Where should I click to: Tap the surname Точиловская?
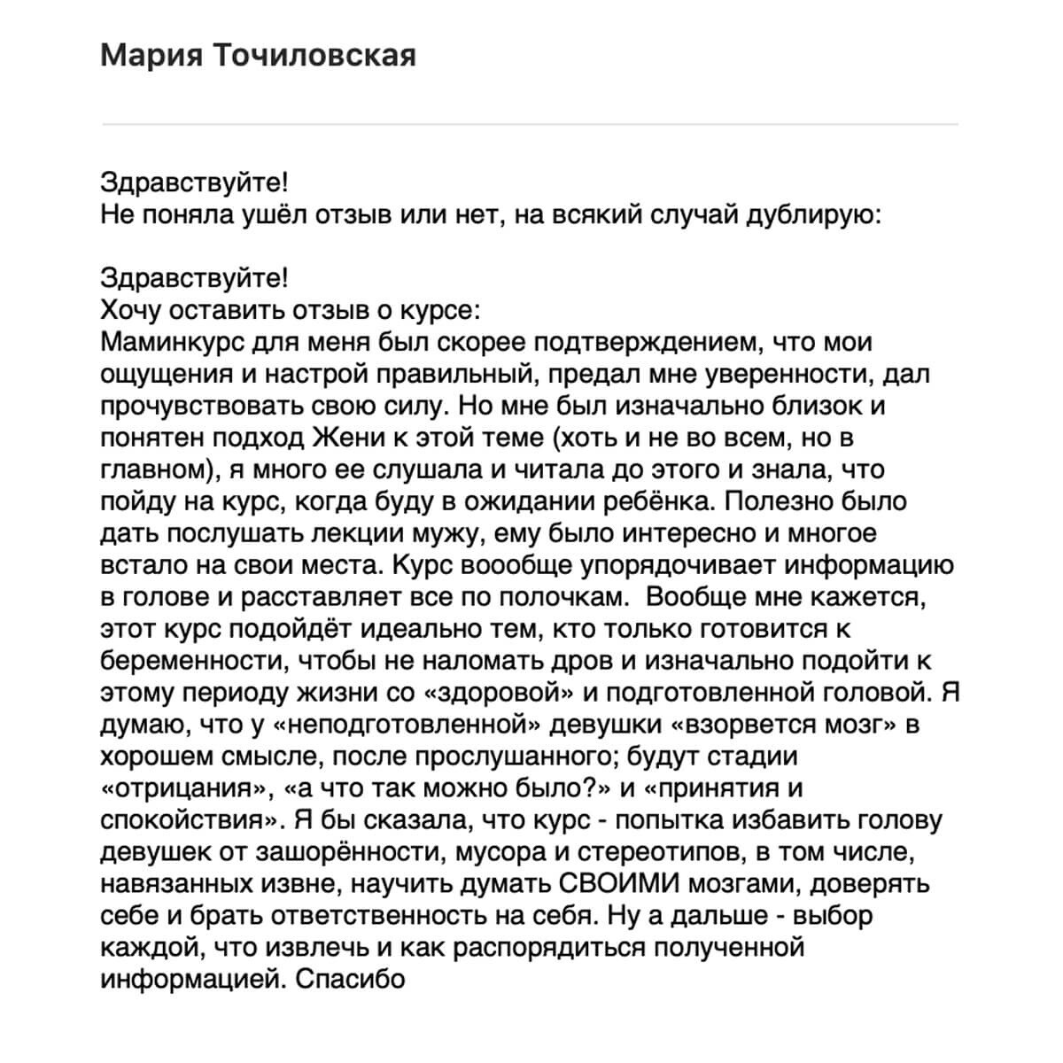[x=315, y=56]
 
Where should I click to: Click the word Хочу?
[x=133, y=311]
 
